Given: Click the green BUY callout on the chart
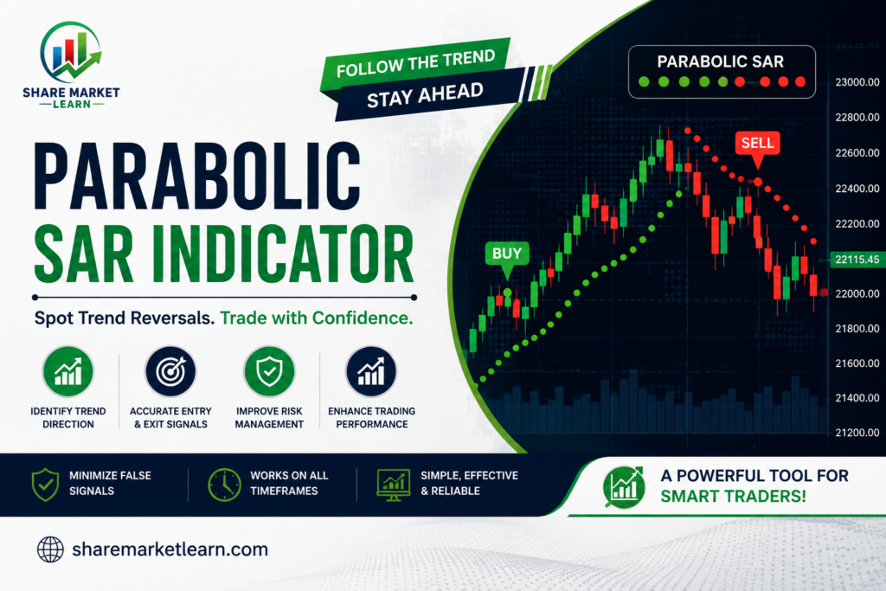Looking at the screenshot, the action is [x=507, y=254].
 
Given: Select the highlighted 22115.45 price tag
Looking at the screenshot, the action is [x=857, y=260].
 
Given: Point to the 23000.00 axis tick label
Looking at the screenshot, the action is [x=857, y=82].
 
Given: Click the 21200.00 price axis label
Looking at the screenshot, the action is [x=857, y=433].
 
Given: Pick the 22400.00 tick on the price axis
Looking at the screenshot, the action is [x=857, y=188].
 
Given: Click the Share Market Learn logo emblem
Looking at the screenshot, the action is [x=71, y=51].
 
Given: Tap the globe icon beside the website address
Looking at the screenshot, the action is [x=50, y=549].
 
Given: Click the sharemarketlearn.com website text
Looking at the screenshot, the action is [x=170, y=549].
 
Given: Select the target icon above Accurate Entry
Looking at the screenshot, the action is [x=170, y=371].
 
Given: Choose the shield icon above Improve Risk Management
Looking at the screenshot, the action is [x=270, y=371].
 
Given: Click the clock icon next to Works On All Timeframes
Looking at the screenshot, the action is [x=224, y=485].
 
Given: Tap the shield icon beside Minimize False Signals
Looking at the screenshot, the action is [x=45, y=485].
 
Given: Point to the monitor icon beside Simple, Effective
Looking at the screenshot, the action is [x=394, y=485].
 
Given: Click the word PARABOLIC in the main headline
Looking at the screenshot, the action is [x=197, y=177].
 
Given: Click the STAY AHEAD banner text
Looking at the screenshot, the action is [x=425, y=94].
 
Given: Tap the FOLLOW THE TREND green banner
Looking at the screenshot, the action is [x=416, y=63].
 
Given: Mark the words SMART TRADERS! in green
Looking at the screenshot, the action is [x=733, y=496].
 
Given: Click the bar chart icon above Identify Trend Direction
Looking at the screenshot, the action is [x=68, y=371].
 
